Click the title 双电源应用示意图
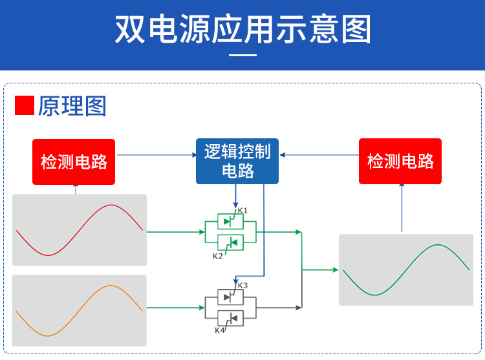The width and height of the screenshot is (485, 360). point(242,29)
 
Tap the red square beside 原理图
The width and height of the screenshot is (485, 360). point(24,105)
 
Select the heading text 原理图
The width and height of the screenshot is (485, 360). point(72,106)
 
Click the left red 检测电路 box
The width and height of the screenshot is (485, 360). point(74,162)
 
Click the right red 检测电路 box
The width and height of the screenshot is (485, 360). point(400,162)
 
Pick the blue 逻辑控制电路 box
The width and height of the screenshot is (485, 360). point(237,161)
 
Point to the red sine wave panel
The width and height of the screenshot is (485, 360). point(80,229)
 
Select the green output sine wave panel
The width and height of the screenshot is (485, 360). point(406,270)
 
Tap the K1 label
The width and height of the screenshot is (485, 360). point(242,211)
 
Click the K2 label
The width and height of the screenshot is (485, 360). point(218,257)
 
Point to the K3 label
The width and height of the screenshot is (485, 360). point(242,285)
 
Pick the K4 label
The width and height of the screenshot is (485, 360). point(220,330)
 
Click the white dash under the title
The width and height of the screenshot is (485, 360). point(243,55)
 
